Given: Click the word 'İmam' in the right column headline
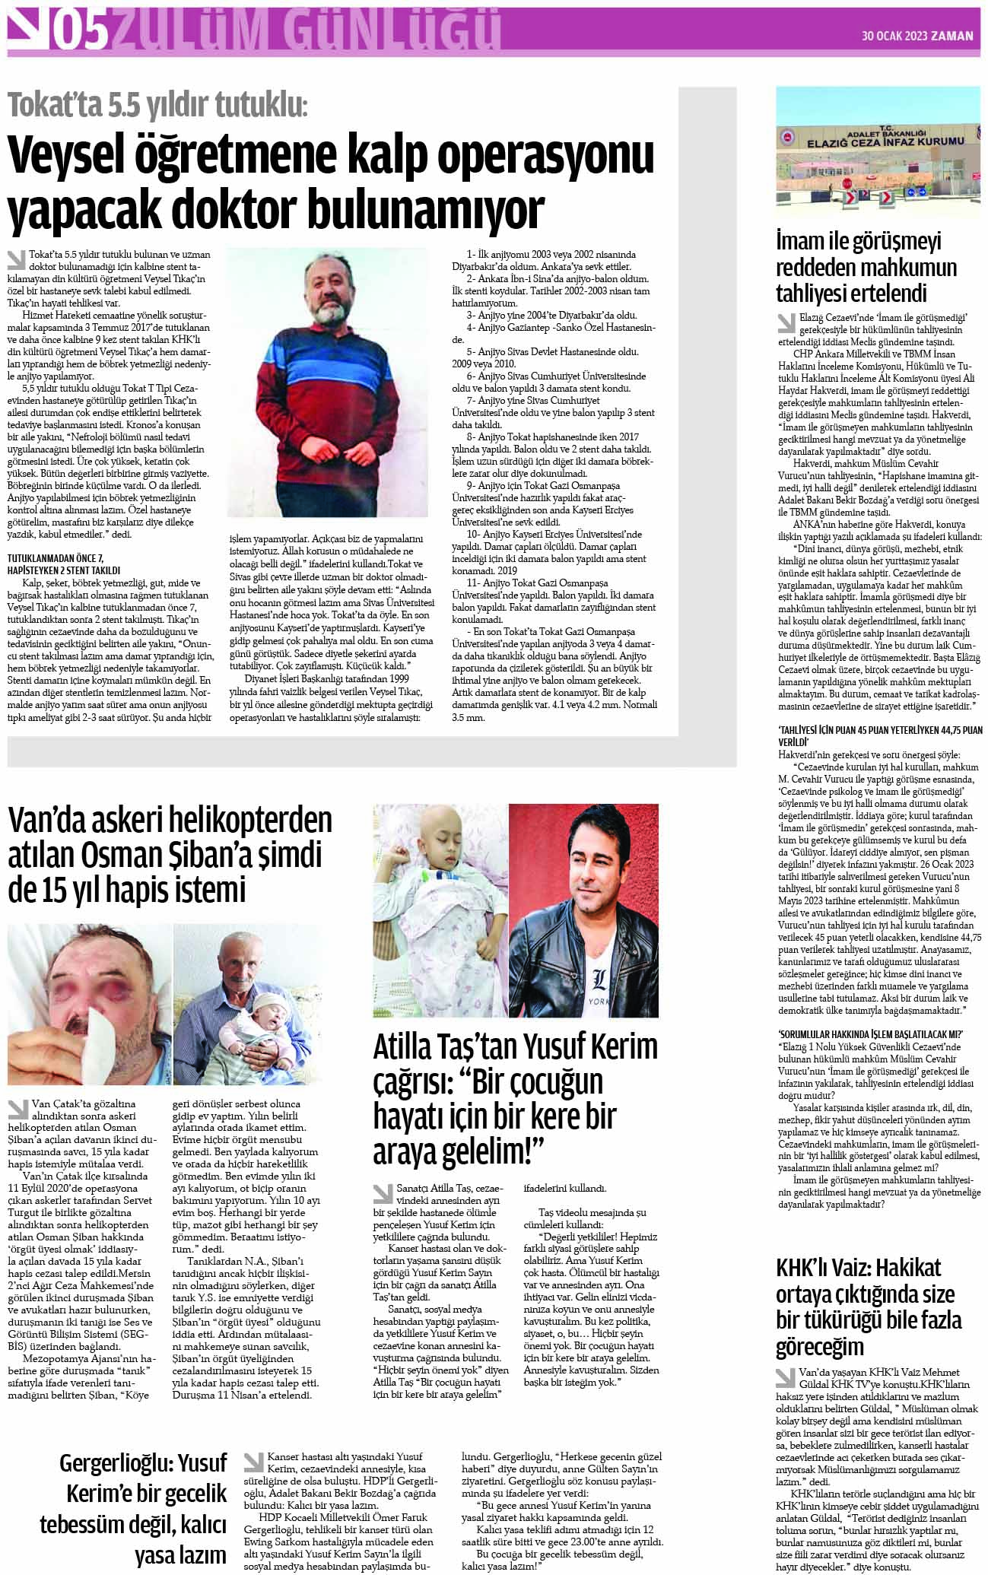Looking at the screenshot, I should [800, 242].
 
